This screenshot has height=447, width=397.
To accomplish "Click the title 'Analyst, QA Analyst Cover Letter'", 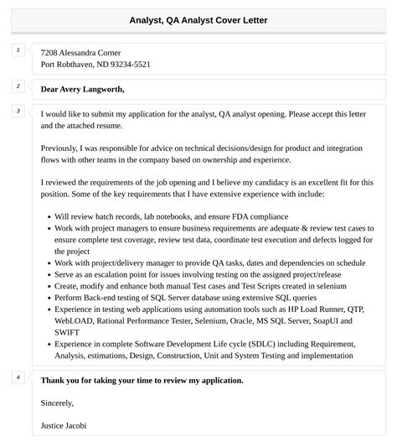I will (198, 20).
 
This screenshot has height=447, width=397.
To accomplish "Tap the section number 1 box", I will (18, 50).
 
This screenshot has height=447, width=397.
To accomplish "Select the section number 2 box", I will (18, 86).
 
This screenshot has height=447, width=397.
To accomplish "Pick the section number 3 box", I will (18, 111).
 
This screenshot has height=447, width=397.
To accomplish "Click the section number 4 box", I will (18, 377).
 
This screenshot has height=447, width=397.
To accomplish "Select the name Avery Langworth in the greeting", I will (95, 89).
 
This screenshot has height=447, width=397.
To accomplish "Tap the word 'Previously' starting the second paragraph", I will (61, 148).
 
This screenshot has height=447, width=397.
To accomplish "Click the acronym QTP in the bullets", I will (355, 309).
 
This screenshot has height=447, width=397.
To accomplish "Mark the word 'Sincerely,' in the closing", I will (57, 403).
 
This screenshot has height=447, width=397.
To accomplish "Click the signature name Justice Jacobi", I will (64, 425).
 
